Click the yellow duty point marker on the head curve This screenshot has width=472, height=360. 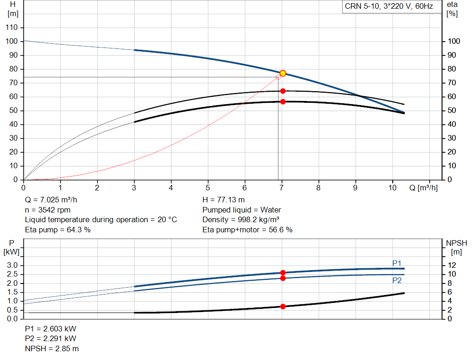click(283, 73)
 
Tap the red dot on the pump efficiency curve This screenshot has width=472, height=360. click(283, 91)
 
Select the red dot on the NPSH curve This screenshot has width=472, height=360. click(283, 307)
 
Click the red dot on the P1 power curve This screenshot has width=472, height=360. click(283, 273)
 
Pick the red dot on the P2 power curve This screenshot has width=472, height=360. click(283, 278)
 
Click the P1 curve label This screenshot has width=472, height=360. click(397, 263)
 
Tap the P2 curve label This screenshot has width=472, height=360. click(397, 281)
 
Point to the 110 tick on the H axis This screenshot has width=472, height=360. click(12, 27)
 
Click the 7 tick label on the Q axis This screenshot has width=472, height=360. click(282, 188)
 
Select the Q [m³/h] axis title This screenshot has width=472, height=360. click(423, 188)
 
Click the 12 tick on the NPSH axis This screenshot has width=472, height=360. click(452, 265)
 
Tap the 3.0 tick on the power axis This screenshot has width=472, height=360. click(12, 265)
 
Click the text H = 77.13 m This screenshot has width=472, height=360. click(224, 200)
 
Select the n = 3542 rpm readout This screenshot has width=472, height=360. click(47, 210)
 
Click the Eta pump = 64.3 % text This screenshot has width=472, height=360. click(58, 230)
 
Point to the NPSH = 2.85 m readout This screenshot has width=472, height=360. click(52, 348)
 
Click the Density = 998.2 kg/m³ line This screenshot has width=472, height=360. click(241, 220)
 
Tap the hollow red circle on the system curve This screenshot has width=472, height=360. click(278, 77)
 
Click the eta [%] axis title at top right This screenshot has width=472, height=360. click(452, 9)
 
